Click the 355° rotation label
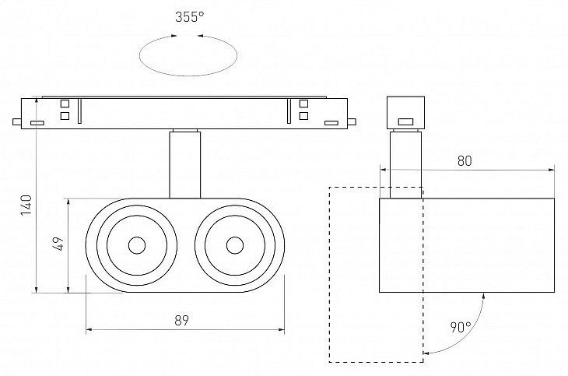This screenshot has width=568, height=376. click(x=189, y=16)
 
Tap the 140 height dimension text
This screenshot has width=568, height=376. click(x=26, y=206)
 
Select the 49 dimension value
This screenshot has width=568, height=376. click(x=58, y=244)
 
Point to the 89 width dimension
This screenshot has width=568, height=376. click(x=181, y=321)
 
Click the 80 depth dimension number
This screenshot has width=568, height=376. click(x=465, y=161)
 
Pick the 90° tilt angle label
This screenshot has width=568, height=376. click(x=461, y=327)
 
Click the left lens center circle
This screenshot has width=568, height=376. click(x=137, y=245)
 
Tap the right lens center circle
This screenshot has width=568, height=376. click(x=235, y=245)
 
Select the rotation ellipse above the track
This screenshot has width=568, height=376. click(x=188, y=76)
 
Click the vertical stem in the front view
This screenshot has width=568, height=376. click(x=184, y=165)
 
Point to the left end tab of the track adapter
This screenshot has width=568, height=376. click(x=17, y=121)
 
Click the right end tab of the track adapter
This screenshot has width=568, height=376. click(x=352, y=121)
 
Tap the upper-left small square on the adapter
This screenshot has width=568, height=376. click(x=65, y=104)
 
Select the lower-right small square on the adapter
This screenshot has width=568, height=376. click(x=303, y=116)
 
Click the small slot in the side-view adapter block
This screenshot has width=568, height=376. click(x=405, y=121)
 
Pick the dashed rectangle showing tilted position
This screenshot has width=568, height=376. click(x=329, y=275)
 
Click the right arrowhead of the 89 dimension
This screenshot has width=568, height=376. click(x=282, y=329)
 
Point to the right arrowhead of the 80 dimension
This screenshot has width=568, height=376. click(x=552, y=170)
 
